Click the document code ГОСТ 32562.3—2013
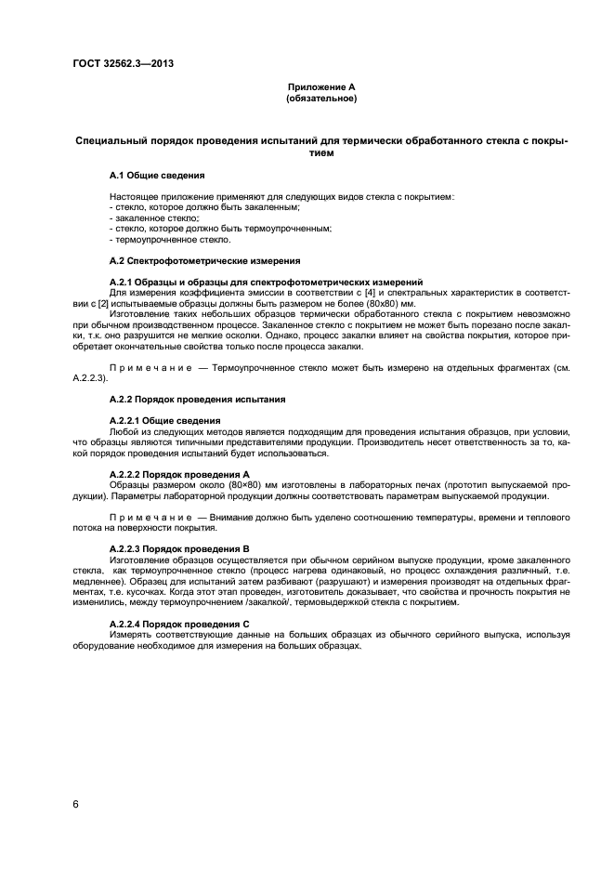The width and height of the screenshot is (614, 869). (123, 63)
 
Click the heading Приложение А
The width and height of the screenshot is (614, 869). (321, 86)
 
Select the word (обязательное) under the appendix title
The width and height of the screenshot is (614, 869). (321, 98)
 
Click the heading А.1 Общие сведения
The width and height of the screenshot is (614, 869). (157, 175)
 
